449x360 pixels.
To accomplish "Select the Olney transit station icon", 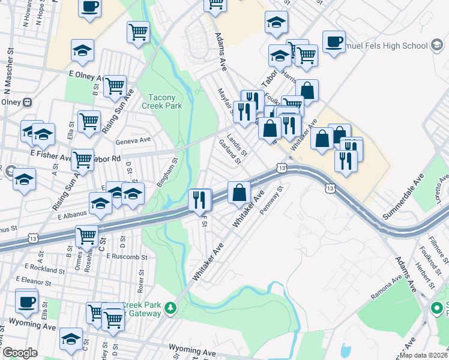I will point(27,102).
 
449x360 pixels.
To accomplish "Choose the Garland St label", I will point(230,152).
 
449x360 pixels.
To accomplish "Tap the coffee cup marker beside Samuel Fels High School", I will point(334,41).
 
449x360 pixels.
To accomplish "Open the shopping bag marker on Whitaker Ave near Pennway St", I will point(240,193).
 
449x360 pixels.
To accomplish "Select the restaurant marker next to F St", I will point(200,199).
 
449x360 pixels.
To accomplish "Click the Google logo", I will point(20,353).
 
